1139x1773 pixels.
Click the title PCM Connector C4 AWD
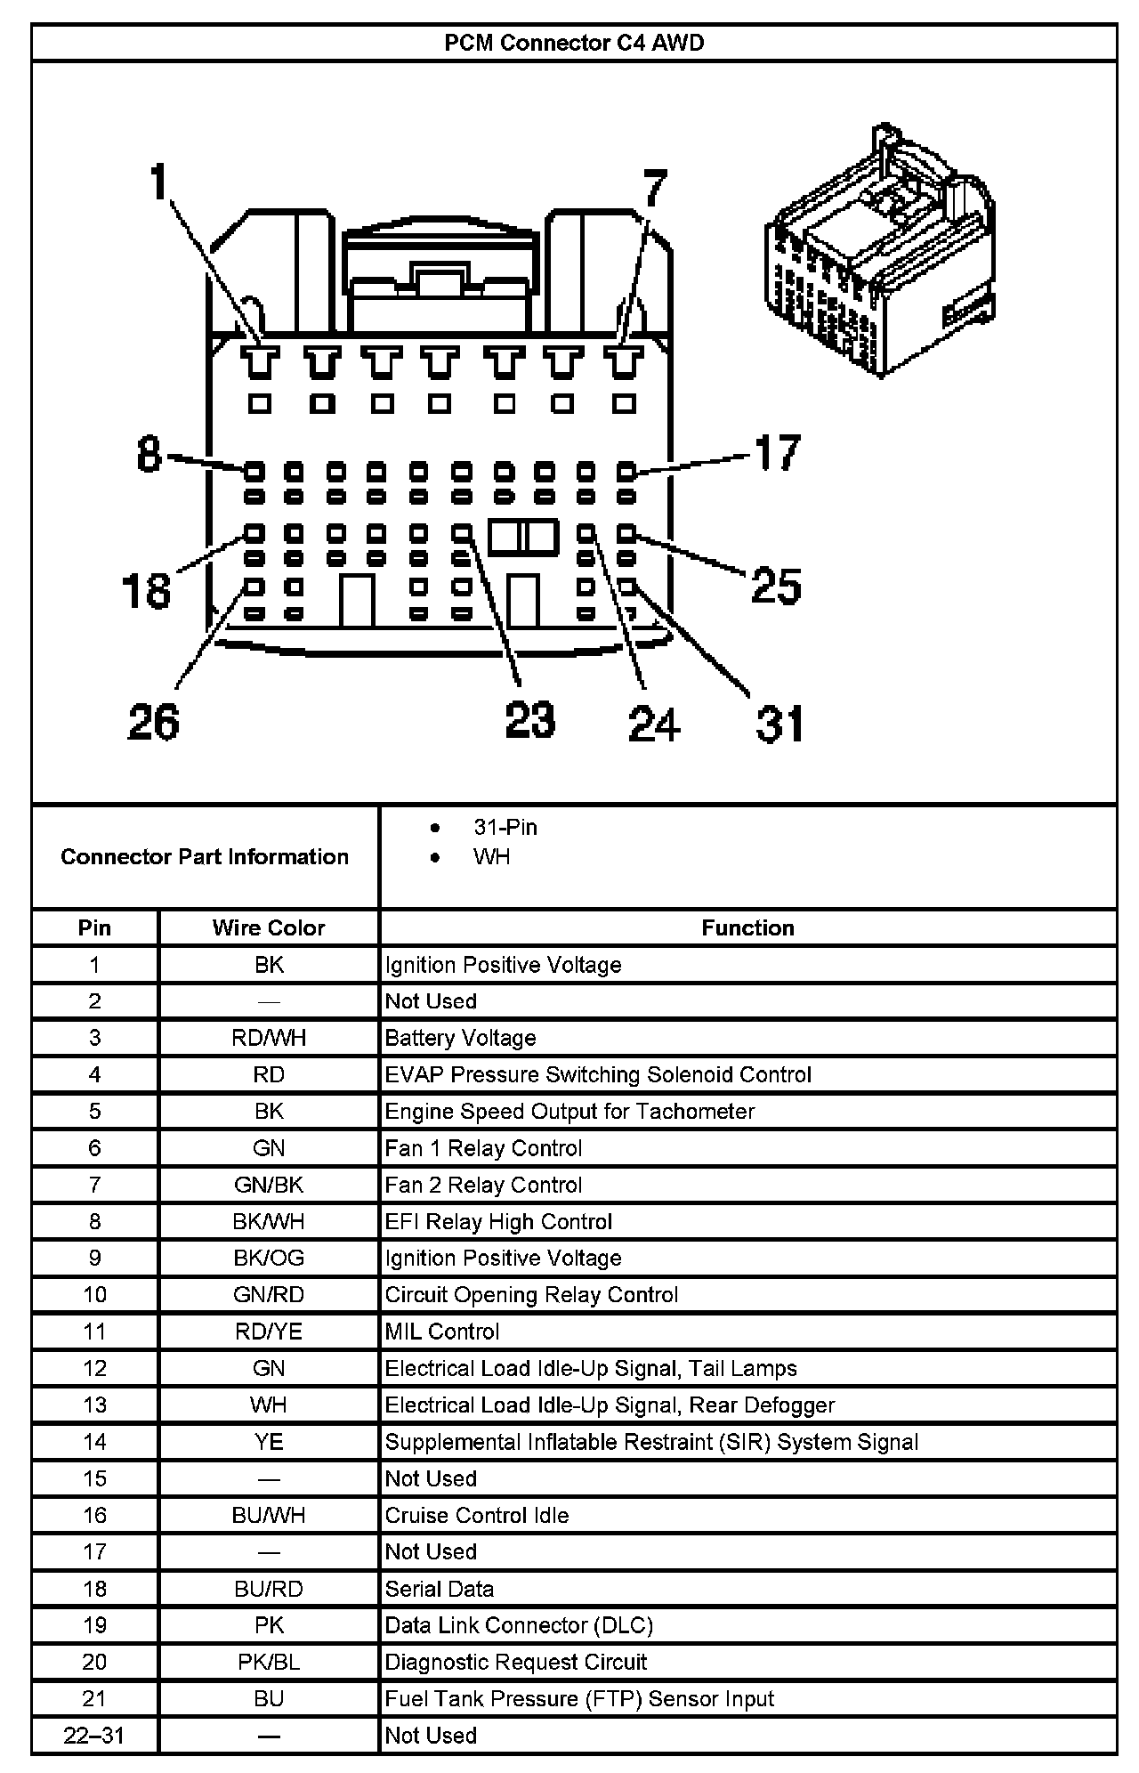(574, 44)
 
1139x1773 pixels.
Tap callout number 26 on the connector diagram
(153, 721)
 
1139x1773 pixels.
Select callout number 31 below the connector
(780, 723)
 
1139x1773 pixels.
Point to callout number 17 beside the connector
(778, 452)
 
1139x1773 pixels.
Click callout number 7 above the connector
(654, 190)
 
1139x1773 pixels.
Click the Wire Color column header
(269, 927)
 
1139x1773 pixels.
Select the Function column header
(747, 927)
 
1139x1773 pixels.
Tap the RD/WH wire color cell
(269, 1038)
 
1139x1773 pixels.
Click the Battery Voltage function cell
(460, 1038)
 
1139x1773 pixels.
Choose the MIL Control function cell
(442, 1332)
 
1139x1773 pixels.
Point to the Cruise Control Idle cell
(477, 1515)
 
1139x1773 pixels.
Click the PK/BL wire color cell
(269, 1662)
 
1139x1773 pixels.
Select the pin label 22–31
(94, 1735)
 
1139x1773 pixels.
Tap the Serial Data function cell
(440, 1589)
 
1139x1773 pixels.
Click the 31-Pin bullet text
(505, 827)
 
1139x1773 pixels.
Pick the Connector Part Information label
(205, 856)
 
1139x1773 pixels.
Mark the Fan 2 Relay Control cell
(483, 1185)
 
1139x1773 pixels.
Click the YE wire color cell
(269, 1442)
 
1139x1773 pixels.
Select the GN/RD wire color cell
(269, 1294)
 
